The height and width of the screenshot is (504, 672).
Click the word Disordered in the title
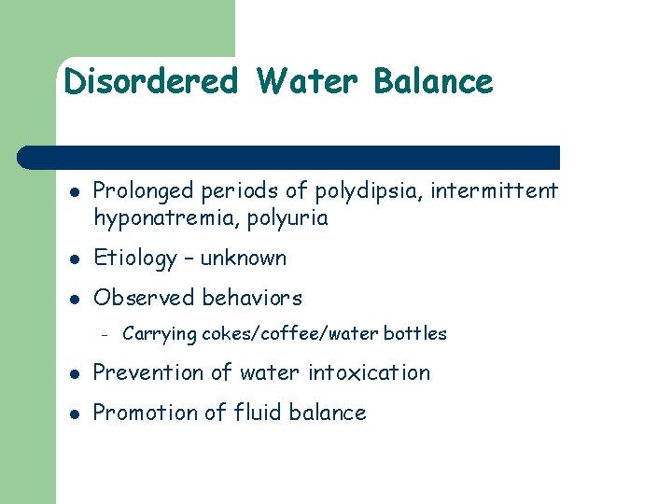151,82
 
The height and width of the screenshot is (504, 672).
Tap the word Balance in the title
432,82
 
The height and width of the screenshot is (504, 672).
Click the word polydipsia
357,191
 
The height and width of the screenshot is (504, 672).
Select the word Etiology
135,259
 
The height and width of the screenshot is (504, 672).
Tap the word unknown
244,259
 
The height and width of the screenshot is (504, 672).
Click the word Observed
143,299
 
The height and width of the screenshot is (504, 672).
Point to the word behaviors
251,299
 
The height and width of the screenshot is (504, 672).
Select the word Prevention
153,373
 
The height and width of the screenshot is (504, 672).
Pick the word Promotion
148,413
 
